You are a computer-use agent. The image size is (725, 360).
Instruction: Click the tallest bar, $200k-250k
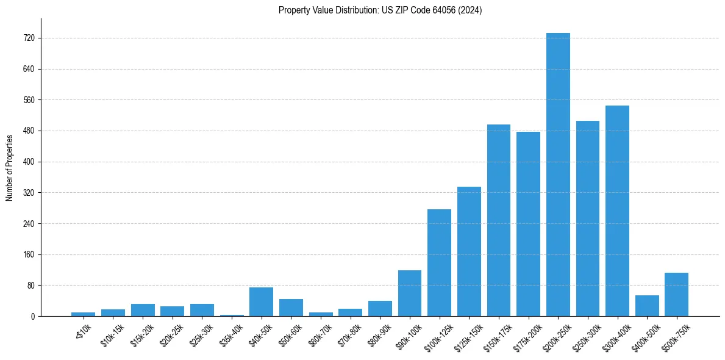coord(558,175)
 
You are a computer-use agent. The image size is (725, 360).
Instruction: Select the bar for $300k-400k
coord(617,211)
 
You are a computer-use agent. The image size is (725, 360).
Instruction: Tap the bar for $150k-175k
coord(499,220)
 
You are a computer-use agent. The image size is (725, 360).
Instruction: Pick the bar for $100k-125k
coord(439,262)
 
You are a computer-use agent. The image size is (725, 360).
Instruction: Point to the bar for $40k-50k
coord(261,301)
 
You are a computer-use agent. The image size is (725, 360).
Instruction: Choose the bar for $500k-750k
coord(676,294)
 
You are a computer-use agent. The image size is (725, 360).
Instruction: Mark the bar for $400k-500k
coord(647,306)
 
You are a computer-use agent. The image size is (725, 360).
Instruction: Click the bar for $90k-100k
coord(410,293)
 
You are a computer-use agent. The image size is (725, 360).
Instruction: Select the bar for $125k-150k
coord(469,251)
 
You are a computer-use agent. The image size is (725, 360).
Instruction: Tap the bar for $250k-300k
coord(588,218)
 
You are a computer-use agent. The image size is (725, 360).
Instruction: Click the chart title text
coord(380,10)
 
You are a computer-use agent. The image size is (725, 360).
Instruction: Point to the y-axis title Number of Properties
coord(10,167)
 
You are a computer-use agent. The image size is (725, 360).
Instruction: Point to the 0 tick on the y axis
coord(32,316)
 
